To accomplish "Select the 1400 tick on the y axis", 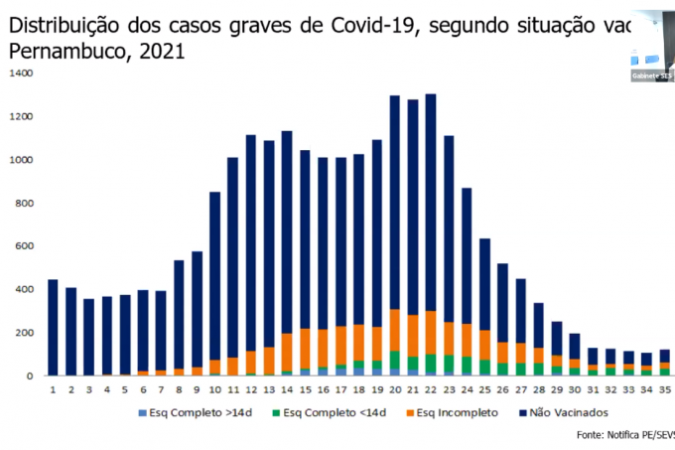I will click(21, 74).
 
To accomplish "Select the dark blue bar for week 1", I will click(53, 328).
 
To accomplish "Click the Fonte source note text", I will click(625, 435).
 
